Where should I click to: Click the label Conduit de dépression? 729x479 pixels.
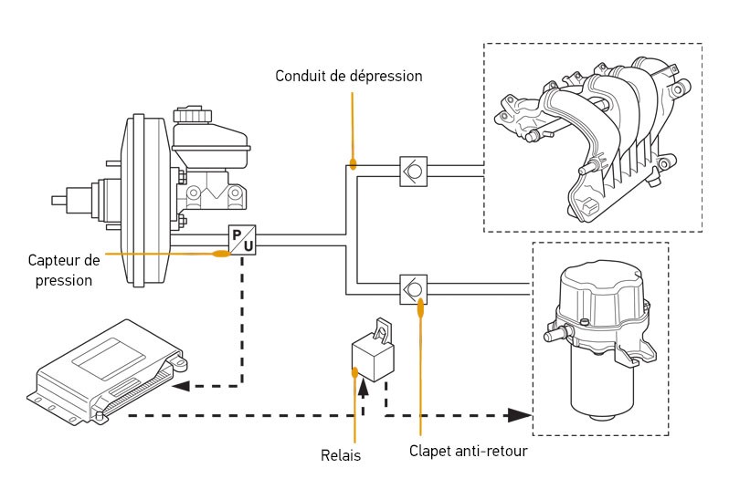349,76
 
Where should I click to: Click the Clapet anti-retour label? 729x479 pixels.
468,450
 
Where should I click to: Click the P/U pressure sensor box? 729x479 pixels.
242,239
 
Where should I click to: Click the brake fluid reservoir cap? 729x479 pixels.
192,116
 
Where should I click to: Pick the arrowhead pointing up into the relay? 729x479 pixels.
364,388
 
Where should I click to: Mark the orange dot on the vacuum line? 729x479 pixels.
352,165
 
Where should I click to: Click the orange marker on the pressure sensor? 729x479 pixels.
221,253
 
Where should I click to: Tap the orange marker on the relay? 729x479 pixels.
354,371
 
